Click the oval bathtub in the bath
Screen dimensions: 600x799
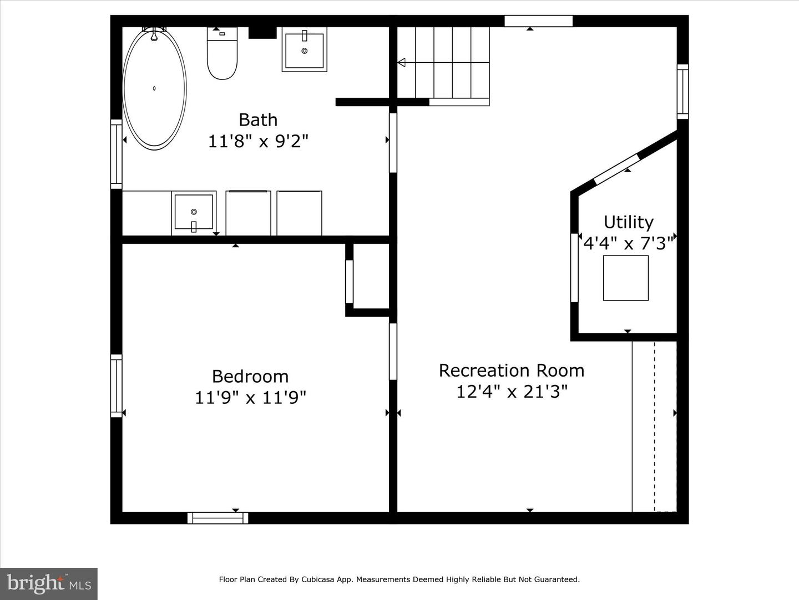(154, 88)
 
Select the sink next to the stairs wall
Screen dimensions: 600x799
(304, 50)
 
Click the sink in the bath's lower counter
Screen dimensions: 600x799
(194, 213)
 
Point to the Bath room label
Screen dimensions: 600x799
(258, 120)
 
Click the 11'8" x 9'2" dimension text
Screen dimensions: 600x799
(258, 141)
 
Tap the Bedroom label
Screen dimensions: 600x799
(250, 377)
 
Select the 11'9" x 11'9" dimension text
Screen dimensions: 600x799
(250, 398)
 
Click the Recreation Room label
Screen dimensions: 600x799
(512, 371)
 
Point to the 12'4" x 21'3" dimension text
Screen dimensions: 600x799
(512, 392)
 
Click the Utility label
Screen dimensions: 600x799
(628, 222)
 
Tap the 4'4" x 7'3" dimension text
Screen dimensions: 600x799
(628, 243)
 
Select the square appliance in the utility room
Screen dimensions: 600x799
(625, 278)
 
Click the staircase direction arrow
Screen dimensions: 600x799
(402, 63)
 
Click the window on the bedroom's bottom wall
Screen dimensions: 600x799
(218, 518)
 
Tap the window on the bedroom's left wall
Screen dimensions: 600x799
(116, 386)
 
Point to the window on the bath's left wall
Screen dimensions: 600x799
(116, 154)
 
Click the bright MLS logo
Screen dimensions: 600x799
(49, 584)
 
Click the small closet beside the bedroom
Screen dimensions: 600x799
(371, 276)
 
